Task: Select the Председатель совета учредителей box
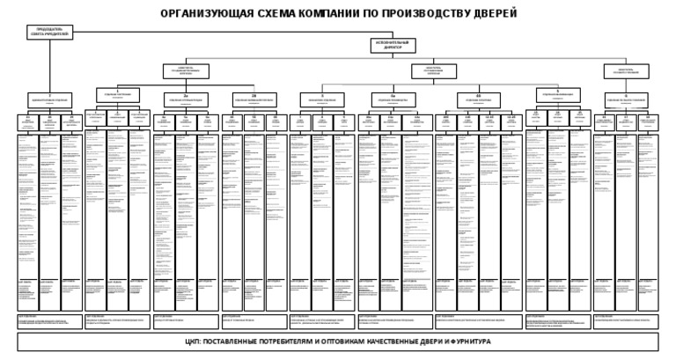tap(49, 33)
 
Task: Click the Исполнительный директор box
tap(393, 46)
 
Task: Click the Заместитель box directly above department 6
tap(626, 71)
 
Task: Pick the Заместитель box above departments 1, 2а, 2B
tap(186, 71)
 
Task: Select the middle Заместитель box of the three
tap(433, 71)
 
